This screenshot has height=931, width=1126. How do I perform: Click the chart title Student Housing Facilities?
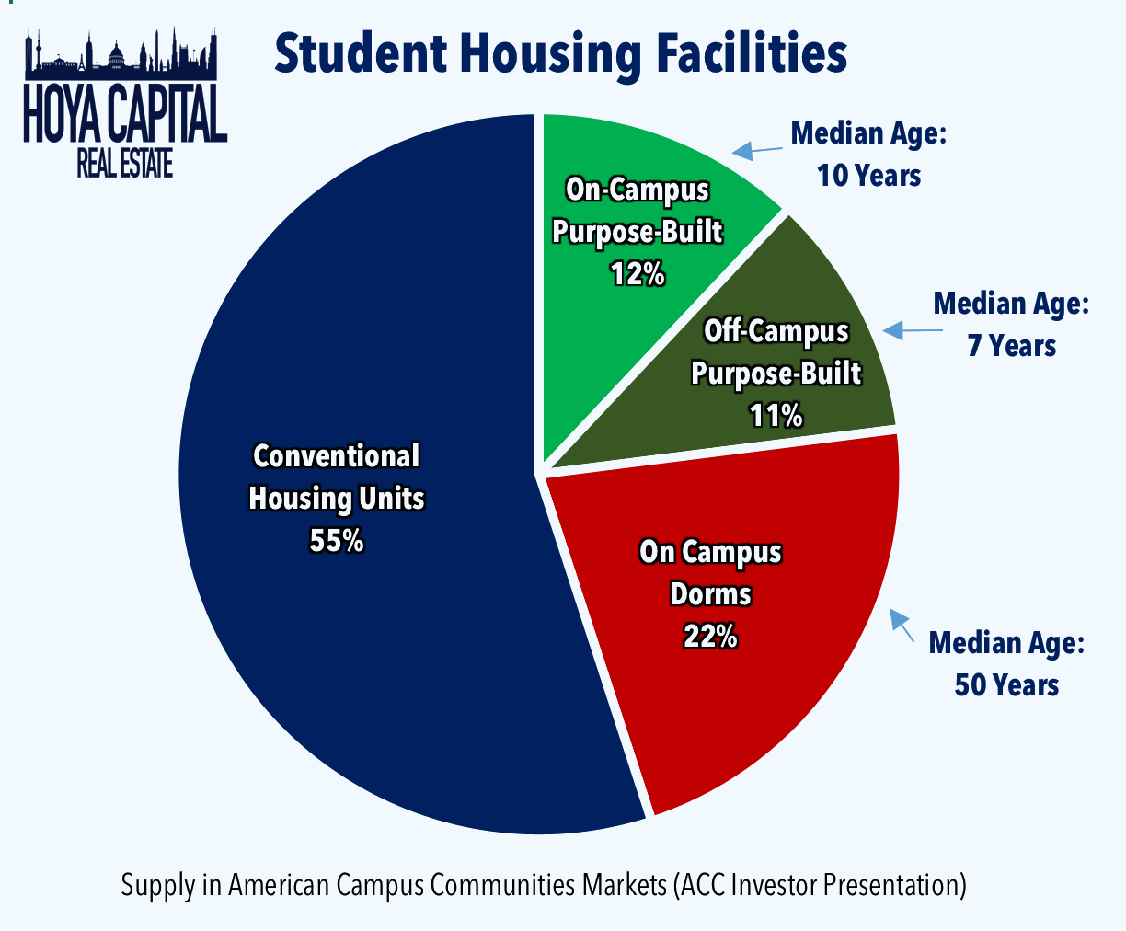(x=560, y=53)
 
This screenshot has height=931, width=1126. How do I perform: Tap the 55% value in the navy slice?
(x=337, y=541)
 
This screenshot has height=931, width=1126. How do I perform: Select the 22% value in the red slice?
(x=709, y=636)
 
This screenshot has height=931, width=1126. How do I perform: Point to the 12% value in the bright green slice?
(x=637, y=273)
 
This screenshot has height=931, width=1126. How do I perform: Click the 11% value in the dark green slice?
(x=776, y=416)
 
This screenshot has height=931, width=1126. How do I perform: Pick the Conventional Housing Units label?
(x=337, y=477)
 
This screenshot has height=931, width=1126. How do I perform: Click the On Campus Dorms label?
(x=710, y=572)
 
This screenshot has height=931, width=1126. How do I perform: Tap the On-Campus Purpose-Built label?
(x=637, y=210)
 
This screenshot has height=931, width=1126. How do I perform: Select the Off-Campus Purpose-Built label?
(x=776, y=352)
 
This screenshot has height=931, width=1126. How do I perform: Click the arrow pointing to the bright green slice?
(x=754, y=149)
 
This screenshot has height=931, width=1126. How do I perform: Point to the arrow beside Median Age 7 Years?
(x=905, y=330)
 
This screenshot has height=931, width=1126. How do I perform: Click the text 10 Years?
(x=868, y=175)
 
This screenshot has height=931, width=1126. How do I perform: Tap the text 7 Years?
(x=1011, y=346)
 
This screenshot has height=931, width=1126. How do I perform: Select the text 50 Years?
(x=1006, y=685)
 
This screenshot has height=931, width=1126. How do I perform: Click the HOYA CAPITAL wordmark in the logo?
(x=125, y=115)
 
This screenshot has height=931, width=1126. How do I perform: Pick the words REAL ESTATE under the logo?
(x=125, y=164)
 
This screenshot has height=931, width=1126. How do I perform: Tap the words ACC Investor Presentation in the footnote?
(x=820, y=885)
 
